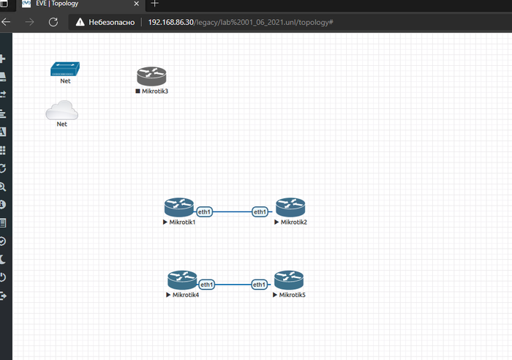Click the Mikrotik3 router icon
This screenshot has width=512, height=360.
pos(151,76)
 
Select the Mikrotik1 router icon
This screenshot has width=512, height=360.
pos(178,207)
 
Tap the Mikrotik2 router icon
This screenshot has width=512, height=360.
pos(290,207)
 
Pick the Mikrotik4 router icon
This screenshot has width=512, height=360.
pos(181,280)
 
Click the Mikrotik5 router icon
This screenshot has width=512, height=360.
pos(289,280)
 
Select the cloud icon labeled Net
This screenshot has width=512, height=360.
pos(62,110)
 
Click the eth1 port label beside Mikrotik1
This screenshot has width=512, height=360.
pos(204,211)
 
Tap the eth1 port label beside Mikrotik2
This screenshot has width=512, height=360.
pos(260,211)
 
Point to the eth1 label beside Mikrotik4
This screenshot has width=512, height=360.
pos(207,284)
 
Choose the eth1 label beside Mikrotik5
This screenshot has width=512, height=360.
pos(259,284)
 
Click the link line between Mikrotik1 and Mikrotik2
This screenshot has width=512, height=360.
pos(232,211)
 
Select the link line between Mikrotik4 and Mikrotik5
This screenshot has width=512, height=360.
pos(233,284)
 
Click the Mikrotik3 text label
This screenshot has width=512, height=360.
pos(155,91)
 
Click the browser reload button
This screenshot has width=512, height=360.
pos(53,22)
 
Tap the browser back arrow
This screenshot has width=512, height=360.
pos(7,22)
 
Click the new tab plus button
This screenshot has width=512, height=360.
pos(154,4)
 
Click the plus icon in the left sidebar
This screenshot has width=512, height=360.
pos(3,59)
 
